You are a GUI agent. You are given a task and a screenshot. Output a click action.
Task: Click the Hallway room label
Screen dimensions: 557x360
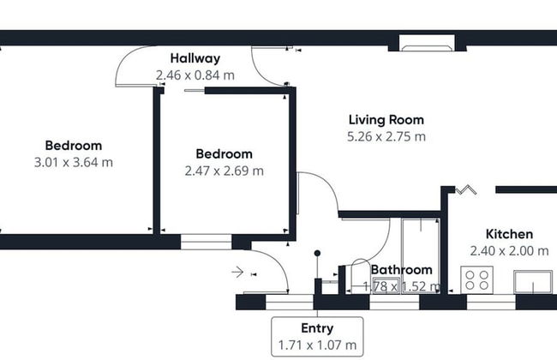[x=195, y=58]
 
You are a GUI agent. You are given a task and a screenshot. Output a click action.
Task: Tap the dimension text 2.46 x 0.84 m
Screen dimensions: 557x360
[x=195, y=75]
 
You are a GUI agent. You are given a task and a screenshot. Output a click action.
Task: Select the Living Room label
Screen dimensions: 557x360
[x=386, y=120]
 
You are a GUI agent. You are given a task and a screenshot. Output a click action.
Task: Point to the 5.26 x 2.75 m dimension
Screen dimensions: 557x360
[x=386, y=136]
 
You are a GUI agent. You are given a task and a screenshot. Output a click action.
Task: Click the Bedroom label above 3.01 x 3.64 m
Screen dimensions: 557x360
[x=74, y=146]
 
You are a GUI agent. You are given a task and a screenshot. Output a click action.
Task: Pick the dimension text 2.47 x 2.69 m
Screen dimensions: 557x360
[x=225, y=171]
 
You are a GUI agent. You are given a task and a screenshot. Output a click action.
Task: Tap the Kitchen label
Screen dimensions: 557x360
[x=509, y=234]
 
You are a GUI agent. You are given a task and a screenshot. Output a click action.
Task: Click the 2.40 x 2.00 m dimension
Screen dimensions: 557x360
[x=509, y=251]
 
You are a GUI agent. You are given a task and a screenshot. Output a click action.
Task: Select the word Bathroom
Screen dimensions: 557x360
[x=401, y=270]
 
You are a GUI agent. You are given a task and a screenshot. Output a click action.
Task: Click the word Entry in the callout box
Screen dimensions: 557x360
[x=317, y=328]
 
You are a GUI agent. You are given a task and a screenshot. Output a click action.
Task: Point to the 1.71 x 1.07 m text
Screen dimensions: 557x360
[x=317, y=345]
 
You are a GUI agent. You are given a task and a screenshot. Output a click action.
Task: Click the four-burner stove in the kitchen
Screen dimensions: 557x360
[x=476, y=280]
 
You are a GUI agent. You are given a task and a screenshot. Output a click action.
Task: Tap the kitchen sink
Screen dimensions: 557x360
[x=533, y=282]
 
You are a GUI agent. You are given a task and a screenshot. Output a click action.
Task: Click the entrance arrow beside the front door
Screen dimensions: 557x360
[x=237, y=273]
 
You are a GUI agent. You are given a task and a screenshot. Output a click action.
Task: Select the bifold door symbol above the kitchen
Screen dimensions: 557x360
[x=465, y=190]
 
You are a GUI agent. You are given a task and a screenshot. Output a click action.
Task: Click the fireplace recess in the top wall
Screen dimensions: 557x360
[x=427, y=43]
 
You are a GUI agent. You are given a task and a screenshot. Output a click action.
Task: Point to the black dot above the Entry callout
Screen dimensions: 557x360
[x=317, y=254]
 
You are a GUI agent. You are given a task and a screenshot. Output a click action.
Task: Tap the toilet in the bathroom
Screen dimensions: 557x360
[x=360, y=275]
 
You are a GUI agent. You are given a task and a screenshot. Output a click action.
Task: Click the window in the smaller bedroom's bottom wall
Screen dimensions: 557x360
[x=206, y=242]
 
